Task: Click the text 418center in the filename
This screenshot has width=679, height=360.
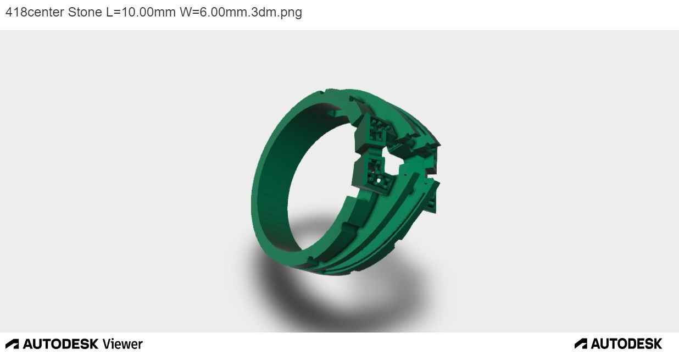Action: click(x=35, y=12)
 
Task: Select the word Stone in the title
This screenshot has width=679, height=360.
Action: click(x=85, y=12)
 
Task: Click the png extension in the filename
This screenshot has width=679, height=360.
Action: click(x=291, y=12)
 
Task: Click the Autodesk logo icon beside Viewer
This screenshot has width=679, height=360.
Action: click(x=12, y=344)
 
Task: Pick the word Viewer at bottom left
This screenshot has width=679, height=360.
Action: click(x=123, y=344)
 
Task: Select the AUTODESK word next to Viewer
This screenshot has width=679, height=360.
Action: click(x=60, y=344)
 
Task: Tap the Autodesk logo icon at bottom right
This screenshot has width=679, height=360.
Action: click(x=581, y=344)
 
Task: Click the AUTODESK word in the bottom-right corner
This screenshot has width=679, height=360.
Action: click(x=626, y=344)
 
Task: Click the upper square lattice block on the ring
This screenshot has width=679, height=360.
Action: click(x=378, y=129)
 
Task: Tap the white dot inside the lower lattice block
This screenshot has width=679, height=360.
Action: click(x=379, y=180)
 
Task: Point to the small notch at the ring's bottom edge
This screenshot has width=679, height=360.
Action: click(x=310, y=260)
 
